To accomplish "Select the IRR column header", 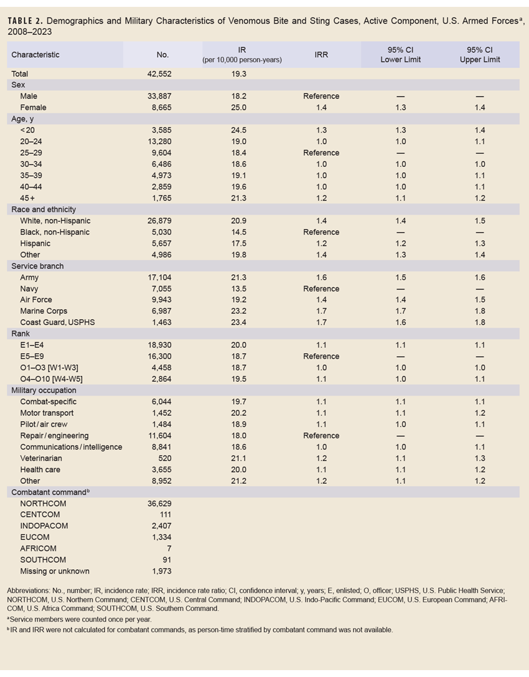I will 322,55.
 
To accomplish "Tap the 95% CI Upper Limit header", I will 479,55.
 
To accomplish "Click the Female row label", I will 33,107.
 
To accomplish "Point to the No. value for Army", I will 159,277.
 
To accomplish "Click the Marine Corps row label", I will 44,311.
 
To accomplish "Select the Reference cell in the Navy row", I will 321,288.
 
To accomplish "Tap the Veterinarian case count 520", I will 164,458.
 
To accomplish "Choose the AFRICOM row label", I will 38,549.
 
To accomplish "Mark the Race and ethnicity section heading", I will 44,209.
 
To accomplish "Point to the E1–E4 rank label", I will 32,345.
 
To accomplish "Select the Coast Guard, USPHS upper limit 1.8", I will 479,322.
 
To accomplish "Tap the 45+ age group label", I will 29,198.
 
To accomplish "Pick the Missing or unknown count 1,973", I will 161,571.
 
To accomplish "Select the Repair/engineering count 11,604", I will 159,435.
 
